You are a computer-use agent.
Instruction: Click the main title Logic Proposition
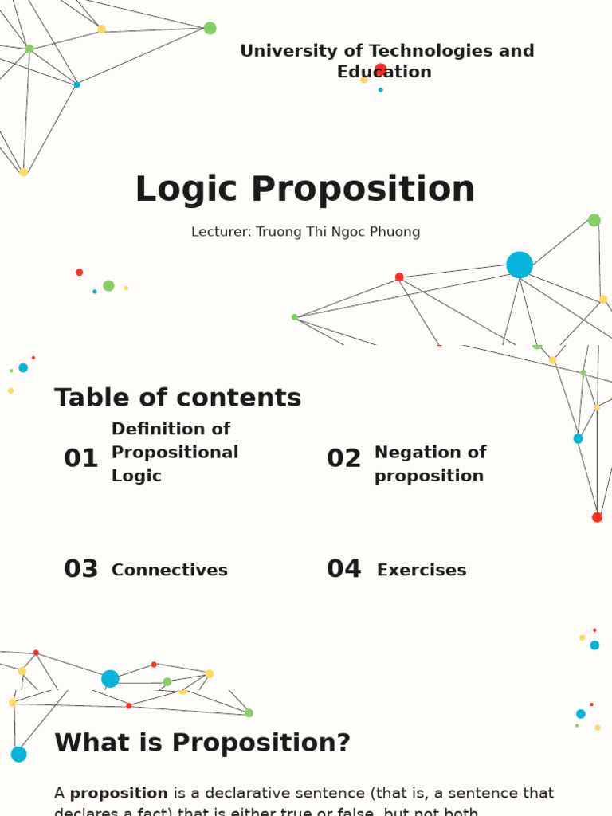click(x=305, y=190)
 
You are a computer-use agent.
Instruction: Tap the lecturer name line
click(x=305, y=232)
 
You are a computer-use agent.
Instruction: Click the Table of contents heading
click(x=178, y=398)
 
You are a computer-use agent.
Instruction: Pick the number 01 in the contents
click(x=80, y=458)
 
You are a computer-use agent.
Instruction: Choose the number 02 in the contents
click(x=343, y=458)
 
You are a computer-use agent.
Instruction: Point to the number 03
click(x=80, y=569)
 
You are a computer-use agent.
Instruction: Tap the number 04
click(x=343, y=569)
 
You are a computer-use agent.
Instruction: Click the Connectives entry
click(x=169, y=570)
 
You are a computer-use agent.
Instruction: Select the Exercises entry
click(x=422, y=570)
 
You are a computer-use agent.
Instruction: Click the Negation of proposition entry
click(x=430, y=464)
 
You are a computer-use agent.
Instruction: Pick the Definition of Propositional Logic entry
click(x=175, y=452)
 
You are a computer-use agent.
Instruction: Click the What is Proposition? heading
click(x=202, y=743)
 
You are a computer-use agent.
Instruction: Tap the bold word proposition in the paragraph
click(x=119, y=793)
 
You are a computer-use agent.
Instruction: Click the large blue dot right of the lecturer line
click(x=520, y=265)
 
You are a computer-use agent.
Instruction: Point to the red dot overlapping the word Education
click(x=381, y=69)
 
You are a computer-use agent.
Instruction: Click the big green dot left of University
click(x=210, y=28)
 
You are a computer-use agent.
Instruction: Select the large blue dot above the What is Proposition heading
click(x=110, y=679)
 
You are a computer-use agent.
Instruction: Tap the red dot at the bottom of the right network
click(x=597, y=517)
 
